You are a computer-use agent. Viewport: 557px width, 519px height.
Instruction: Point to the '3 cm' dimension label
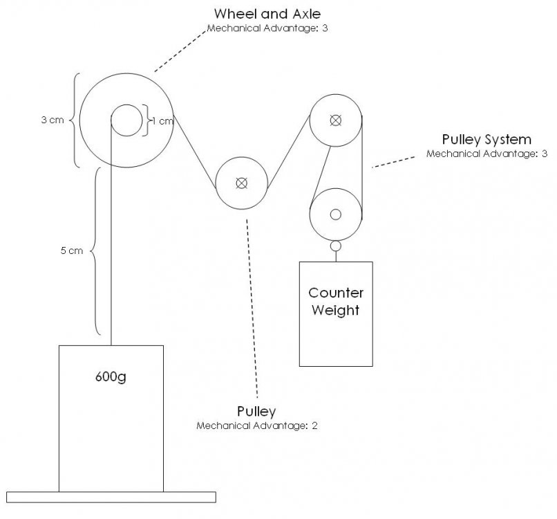pyautogui.click(x=53, y=119)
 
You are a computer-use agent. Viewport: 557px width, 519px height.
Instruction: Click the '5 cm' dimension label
pyautogui.click(x=72, y=251)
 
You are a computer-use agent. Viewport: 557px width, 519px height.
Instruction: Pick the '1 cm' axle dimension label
pyautogui.click(x=162, y=120)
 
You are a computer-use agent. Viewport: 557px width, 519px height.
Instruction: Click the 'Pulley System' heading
pyautogui.click(x=487, y=139)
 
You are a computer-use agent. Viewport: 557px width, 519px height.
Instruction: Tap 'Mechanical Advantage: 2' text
pyautogui.click(x=256, y=426)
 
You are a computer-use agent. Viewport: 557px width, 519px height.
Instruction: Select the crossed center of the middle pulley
pyautogui.click(x=241, y=183)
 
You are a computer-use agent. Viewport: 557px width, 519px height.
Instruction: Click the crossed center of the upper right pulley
pyautogui.click(x=335, y=120)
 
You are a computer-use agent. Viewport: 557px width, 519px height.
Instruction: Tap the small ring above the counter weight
pyautogui.click(x=336, y=245)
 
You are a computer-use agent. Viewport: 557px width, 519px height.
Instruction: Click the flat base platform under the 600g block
pyautogui.click(x=111, y=496)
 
